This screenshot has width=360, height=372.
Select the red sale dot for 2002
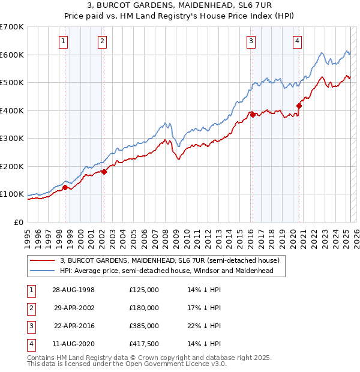(x=103, y=172)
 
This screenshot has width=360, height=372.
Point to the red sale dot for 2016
(x=253, y=115)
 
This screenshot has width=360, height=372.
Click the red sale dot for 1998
(x=65, y=187)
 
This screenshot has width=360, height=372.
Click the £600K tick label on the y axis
(x=11, y=55)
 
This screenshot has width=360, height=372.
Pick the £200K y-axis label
(x=11, y=166)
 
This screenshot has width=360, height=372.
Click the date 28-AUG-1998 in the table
(x=74, y=290)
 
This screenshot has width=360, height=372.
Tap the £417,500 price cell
(x=144, y=344)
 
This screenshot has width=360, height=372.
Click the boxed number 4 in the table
(x=30, y=344)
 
